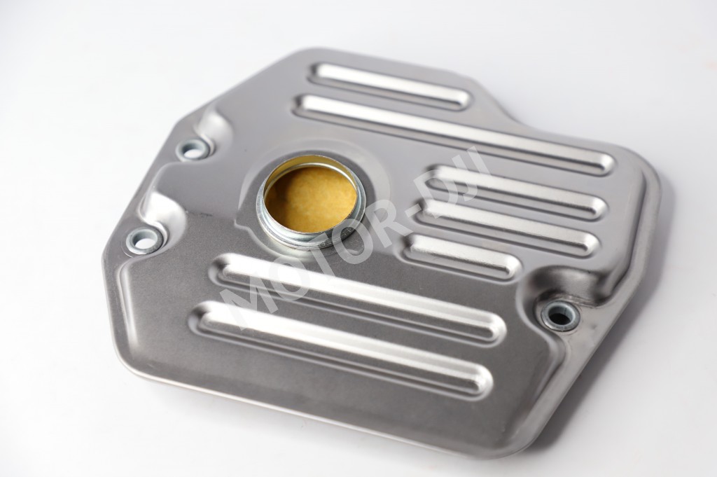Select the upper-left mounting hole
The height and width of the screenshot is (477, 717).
click(x=194, y=150)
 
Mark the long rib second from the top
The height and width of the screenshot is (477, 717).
click(x=455, y=133)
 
